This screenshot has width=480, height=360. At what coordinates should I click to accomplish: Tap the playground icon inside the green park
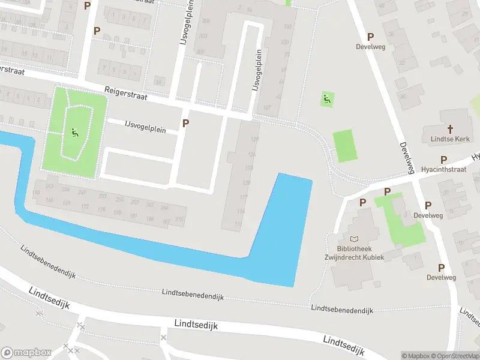[74, 132]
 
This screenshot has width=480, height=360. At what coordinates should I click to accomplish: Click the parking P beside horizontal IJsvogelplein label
[185, 123]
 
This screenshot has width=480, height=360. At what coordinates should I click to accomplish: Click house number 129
[254, 139]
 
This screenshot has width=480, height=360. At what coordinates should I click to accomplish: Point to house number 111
[238, 224]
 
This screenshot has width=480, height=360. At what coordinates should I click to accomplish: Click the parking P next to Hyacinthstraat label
[443, 160]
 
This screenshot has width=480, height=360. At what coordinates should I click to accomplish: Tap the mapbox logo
[25, 352]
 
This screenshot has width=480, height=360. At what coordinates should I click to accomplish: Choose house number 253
[103, 196]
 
